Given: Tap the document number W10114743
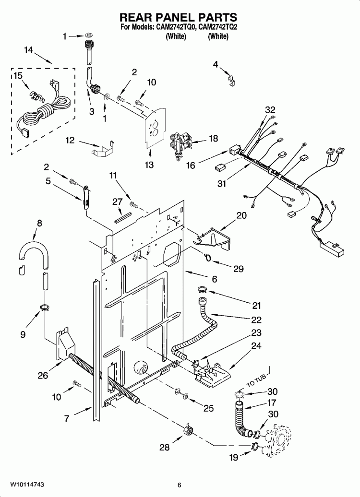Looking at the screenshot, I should [24, 484].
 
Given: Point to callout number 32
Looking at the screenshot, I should [270, 110].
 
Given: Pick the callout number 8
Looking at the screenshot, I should [39, 223].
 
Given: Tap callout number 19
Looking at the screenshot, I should [233, 458].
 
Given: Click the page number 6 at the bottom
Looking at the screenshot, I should [179, 484].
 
